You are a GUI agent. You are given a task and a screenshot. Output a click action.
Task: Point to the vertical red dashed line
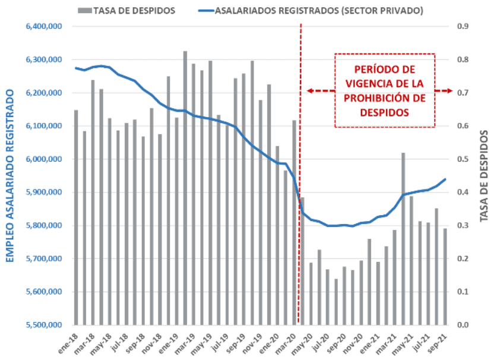300,178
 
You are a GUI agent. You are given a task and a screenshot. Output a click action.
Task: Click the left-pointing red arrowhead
309,91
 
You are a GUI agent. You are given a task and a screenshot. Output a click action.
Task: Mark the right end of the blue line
445,179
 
